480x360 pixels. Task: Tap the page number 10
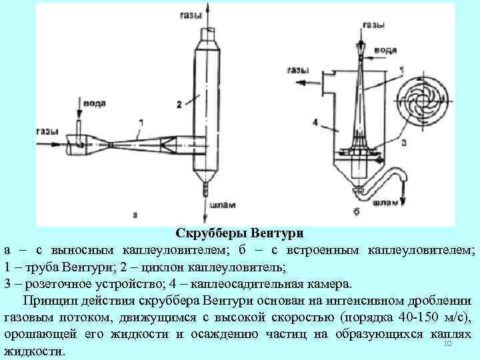coord(447,343)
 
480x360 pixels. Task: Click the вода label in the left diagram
coord(91,103)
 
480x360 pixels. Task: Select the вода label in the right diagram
coord(387,49)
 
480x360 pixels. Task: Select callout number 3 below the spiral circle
coord(403,141)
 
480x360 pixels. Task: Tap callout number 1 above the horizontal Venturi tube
coord(141,122)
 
